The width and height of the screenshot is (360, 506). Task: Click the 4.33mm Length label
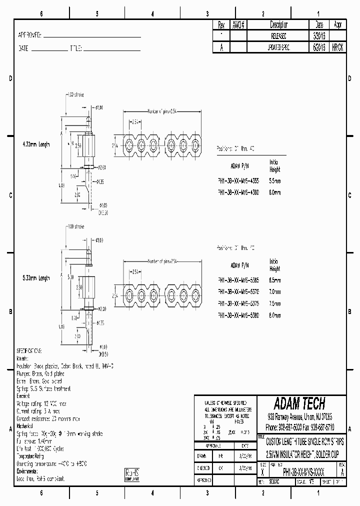[35, 144]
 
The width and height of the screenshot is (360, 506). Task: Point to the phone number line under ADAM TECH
[300, 427]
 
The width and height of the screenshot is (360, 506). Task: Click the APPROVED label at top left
[30, 35]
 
